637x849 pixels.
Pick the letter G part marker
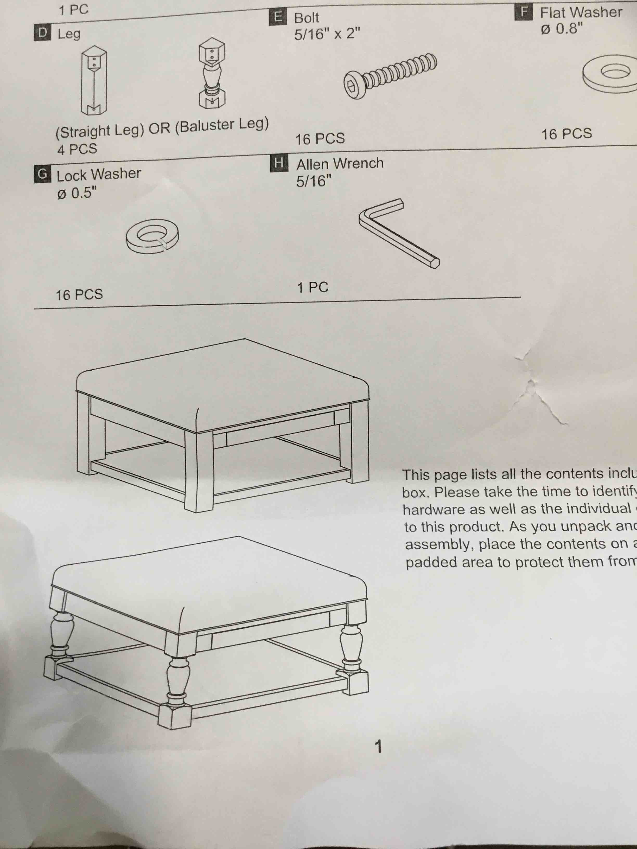click(43, 175)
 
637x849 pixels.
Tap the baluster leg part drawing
click(212, 73)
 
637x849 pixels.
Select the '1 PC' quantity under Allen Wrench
click(313, 287)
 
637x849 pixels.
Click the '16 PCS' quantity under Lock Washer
click(79, 295)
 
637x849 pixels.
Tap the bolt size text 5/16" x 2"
click(327, 34)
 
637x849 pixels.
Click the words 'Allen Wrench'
click(340, 164)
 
